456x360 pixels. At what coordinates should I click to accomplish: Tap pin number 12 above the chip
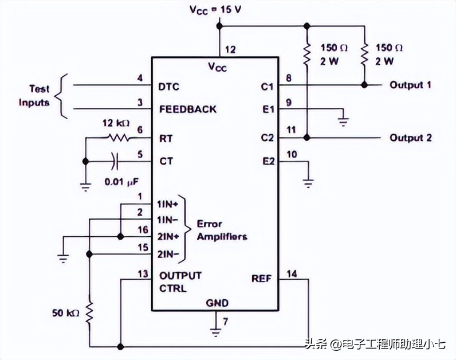230,50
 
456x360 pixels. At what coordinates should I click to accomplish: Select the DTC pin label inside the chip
169,87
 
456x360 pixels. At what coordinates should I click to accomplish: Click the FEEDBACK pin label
188,109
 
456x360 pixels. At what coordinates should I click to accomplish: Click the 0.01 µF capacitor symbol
116,162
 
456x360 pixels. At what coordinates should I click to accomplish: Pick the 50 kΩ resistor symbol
89,313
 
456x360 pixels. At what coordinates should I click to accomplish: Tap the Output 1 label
410,85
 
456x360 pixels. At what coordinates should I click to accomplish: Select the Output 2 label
410,138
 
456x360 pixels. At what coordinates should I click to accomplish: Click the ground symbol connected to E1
343,120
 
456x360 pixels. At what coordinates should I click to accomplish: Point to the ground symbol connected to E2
308,182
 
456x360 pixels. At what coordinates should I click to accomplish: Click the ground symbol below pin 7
215,331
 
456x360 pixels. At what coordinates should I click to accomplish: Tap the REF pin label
261,279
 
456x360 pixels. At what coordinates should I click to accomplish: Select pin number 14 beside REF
292,275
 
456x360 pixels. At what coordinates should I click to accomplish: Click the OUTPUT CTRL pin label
180,281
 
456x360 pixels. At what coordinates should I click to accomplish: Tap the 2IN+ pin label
170,236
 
